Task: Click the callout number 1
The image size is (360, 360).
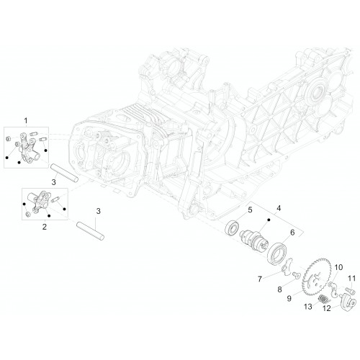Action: click(26, 120)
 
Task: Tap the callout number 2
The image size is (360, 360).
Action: click(45, 227)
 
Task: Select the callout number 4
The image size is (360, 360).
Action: click(279, 208)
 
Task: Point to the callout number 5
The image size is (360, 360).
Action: click(250, 210)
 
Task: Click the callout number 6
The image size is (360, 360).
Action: click(292, 233)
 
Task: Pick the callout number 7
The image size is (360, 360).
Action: click(260, 279)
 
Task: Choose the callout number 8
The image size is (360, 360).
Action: click(279, 289)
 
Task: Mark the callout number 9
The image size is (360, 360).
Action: click(289, 298)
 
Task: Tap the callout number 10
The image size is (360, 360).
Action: click(338, 267)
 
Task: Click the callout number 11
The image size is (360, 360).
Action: click(352, 279)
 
